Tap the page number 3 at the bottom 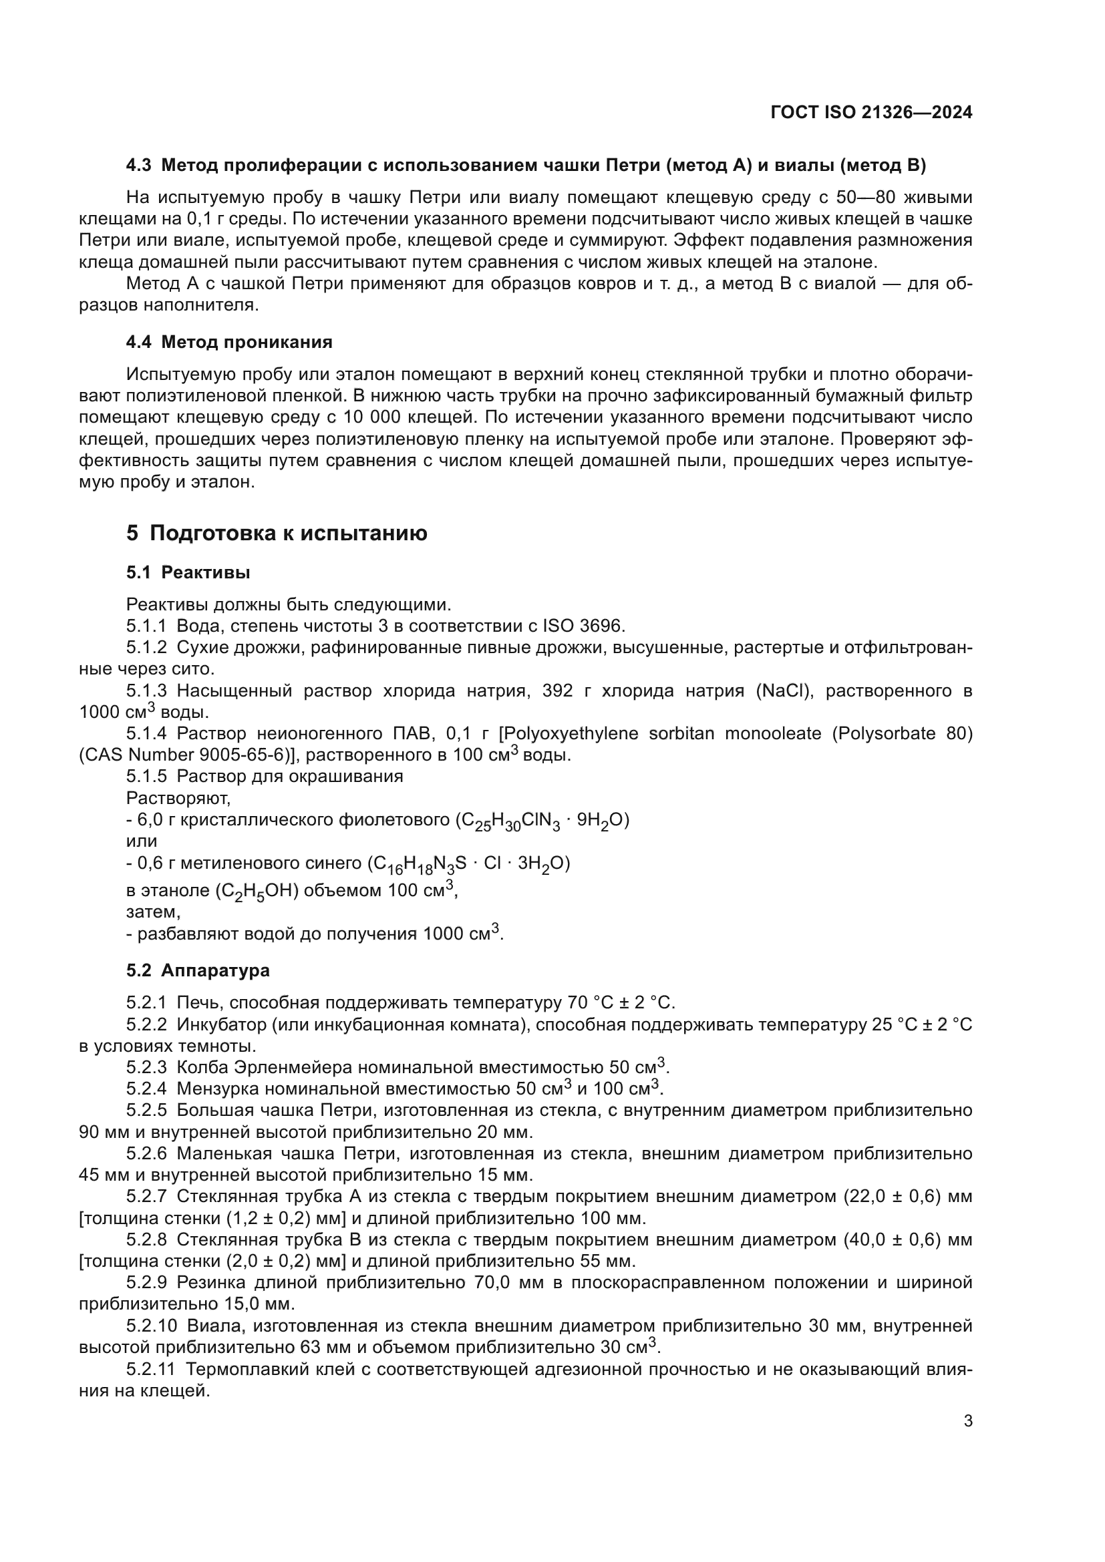(x=967, y=1420)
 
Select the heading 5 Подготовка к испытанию (x=277, y=533)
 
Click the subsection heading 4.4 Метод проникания (x=229, y=342)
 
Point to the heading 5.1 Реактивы (x=188, y=573)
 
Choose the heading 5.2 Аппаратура (x=198, y=971)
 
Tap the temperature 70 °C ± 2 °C (x=621, y=1003)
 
